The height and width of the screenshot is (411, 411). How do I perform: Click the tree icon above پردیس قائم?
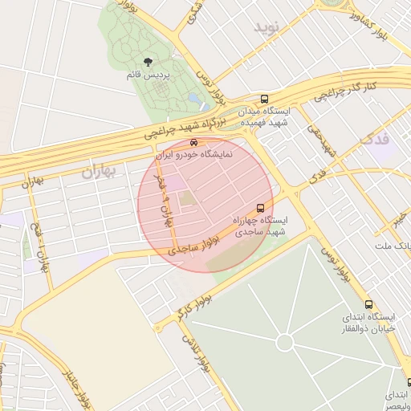tap(147, 62)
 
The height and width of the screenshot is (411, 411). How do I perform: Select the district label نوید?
tap(270, 28)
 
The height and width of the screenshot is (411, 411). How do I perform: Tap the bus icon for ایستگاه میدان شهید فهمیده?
tap(265, 99)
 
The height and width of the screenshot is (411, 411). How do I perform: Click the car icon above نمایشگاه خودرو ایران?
tap(193, 143)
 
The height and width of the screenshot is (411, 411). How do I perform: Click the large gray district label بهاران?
tap(99, 171)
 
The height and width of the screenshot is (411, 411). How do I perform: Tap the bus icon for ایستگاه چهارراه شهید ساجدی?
tap(259, 208)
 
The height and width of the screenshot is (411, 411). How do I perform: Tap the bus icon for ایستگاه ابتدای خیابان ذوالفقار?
tap(368, 305)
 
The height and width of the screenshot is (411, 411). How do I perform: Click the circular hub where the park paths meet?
tap(284, 343)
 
